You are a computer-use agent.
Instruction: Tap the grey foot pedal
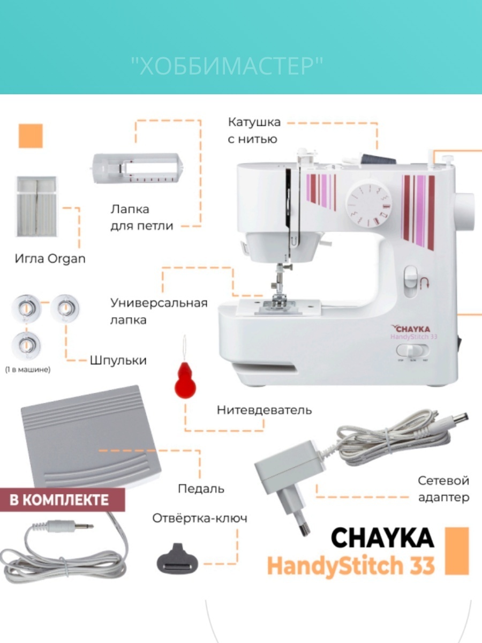[x=91, y=437]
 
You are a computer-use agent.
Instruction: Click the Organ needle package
[x=36, y=206]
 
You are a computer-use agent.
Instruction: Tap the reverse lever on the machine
[x=411, y=281]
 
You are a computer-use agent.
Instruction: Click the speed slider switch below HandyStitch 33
[x=412, y=350]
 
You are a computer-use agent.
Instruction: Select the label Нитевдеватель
[x=264, y=410]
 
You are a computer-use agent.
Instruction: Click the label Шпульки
[x=118, y=360]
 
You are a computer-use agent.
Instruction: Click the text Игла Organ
[x=50, y=259]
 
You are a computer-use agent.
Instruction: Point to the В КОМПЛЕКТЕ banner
[x=62, y=500]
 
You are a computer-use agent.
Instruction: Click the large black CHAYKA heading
[x=382, y=537]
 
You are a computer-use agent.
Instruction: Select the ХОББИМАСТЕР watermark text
[x=227, y=66]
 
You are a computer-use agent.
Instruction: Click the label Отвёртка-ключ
[x=200, y=518]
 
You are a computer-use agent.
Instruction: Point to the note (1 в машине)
[x=28, y=370]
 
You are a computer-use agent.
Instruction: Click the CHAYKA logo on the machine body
[x=411, y=328]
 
